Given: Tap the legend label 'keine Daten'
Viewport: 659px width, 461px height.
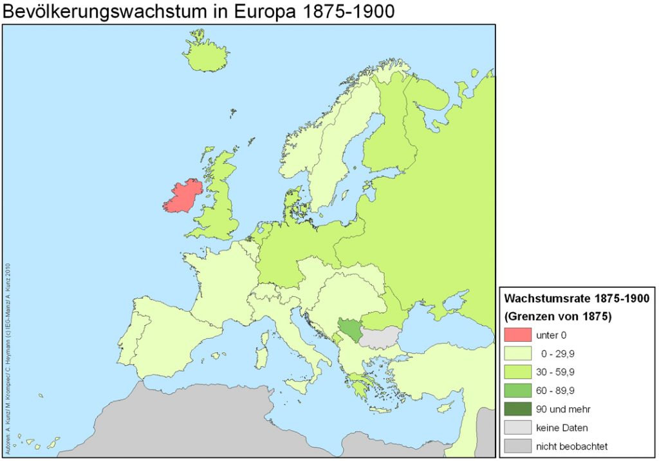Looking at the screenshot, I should [561, 428].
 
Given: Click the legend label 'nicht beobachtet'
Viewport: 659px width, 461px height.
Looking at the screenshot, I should [571, 446].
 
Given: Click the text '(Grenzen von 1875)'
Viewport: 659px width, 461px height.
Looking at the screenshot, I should [557, 316].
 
